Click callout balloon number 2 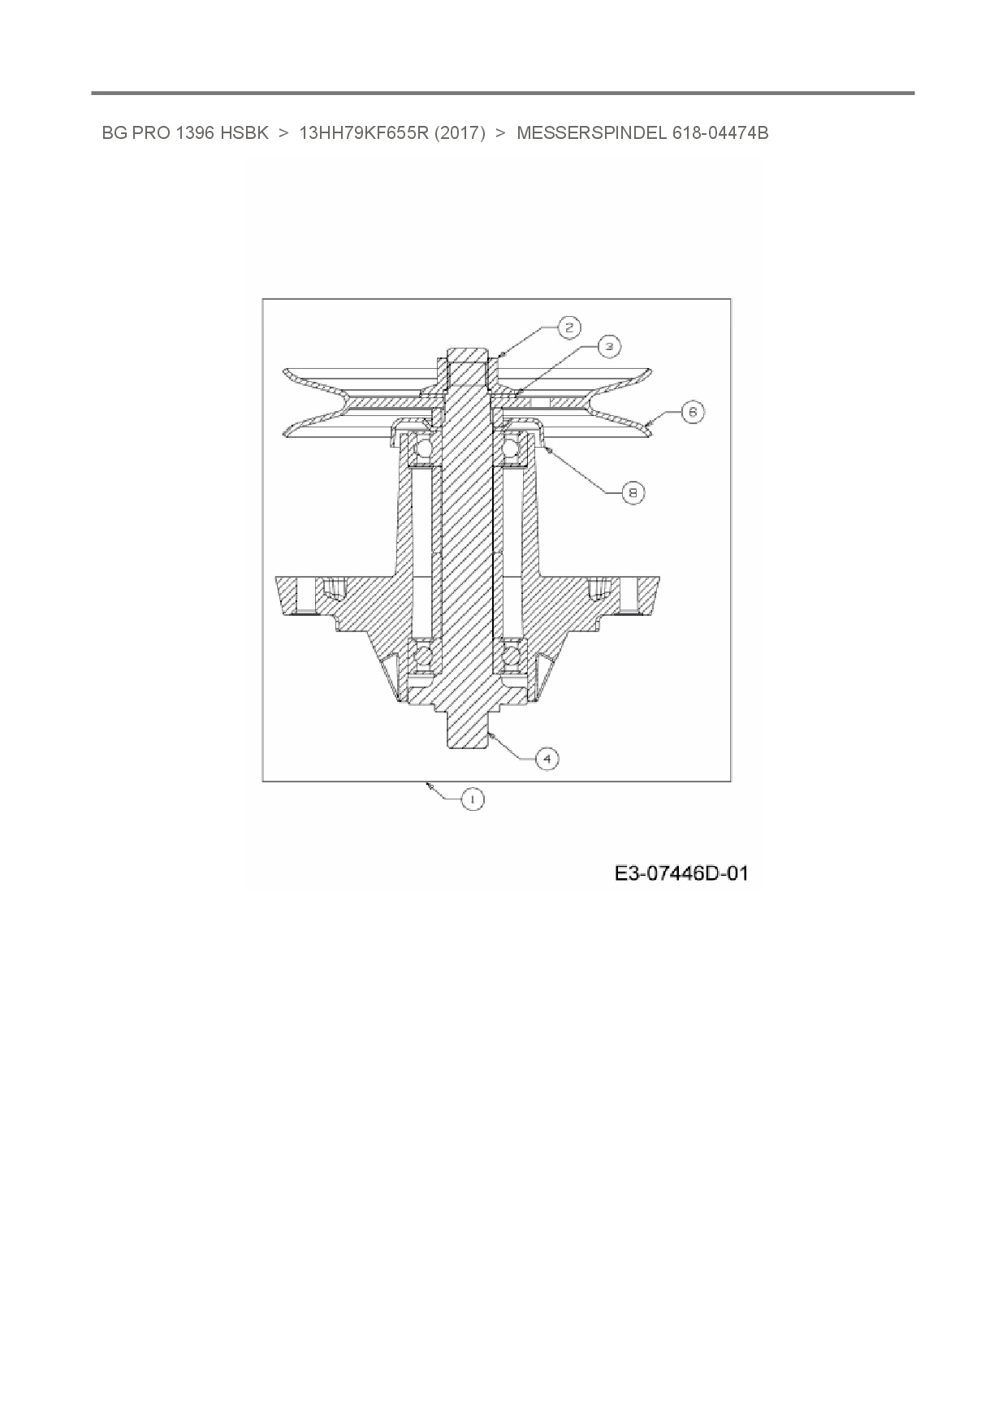[x=568, y=327]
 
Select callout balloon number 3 [x=608, y=346]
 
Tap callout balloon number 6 [x=692, y=412]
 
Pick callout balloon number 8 [x=633, y=492]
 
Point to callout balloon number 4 [x=547, y=758]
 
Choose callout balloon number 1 [x=472, y=799]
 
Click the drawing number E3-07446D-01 [x=681, y=873]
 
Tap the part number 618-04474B [x=720, y=132]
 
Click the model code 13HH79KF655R [x=364, y=132]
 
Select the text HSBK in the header [x=244, y=132]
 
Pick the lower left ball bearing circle [x=423, y=656]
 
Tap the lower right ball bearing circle [x=512, y=656]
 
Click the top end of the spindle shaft [x=468, y=357]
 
